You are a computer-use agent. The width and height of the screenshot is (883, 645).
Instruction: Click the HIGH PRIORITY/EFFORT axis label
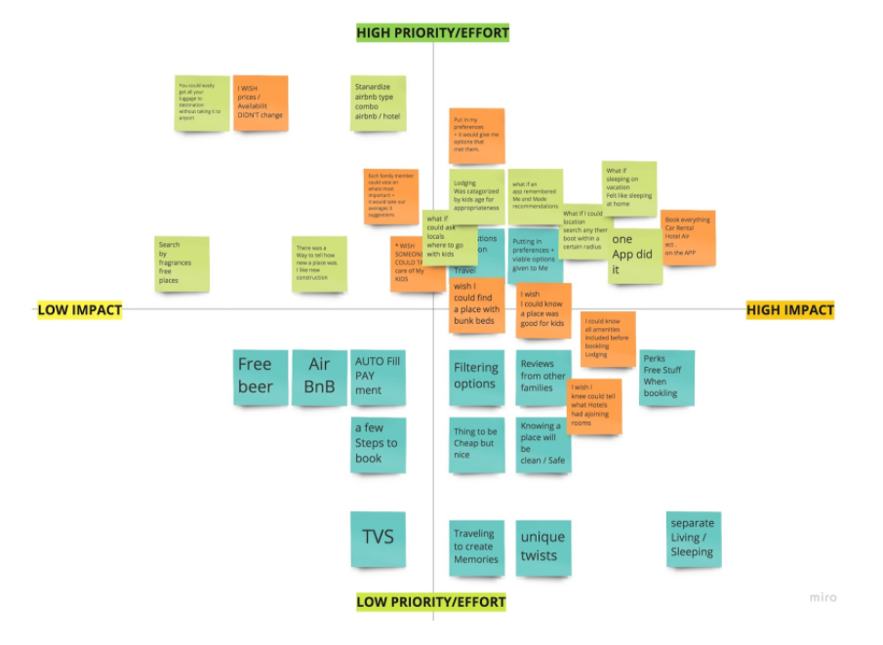click(x=432, y=33)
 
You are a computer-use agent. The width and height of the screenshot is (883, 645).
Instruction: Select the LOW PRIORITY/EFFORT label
click(x=431, y=601)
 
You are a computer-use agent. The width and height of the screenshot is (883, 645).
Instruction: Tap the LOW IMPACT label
click(x=80, y=310)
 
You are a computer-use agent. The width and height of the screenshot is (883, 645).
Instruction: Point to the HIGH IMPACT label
click(x=790, y=310)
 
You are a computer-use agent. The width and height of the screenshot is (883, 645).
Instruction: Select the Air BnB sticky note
click(x=319, y=378)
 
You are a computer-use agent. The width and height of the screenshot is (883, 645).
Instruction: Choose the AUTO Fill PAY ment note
click(x=378, y=378)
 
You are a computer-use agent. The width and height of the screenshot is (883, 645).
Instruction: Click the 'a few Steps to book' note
click(x=378, y=444)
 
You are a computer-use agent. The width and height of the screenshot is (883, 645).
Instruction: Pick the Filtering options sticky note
click(x=476, y=378)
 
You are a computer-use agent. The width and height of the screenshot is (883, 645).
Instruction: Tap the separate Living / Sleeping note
click(x=693, y=538)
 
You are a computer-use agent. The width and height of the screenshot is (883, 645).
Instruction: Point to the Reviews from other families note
click(x=543, y=378)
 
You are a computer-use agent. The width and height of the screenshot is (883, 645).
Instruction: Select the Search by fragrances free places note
click(x=182, y=262)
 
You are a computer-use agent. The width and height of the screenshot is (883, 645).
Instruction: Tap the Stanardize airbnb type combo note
click(x=378, y=103)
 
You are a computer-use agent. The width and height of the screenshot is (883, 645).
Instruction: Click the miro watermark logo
click(x=823, y=597)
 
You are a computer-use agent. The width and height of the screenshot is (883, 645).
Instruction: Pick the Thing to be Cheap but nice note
click(x=476, y=444)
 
